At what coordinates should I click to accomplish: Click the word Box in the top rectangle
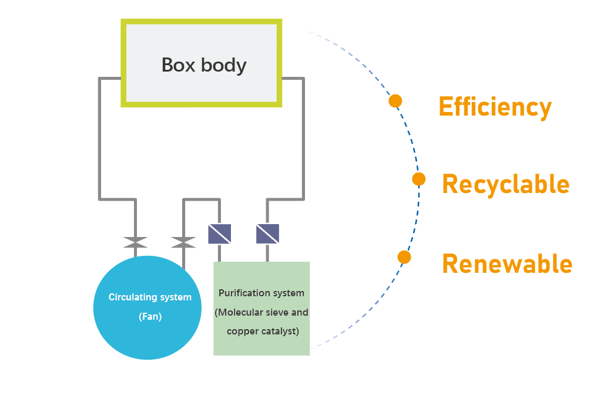[179, 65]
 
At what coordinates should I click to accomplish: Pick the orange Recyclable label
[506, 185]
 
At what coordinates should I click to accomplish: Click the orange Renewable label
[507, 263]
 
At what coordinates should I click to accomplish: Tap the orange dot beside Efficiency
[395, 101]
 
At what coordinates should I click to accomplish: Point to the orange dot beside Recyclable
[418, 179]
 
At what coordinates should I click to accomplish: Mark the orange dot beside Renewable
[404, 258]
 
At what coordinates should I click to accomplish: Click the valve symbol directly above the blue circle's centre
[136, 242]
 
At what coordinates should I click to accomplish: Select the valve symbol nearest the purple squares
[183, 242]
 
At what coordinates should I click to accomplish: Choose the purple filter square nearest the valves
[219, 234]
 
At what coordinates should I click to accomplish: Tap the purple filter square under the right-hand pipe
[267, 234]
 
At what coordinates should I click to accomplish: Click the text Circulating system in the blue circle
[150, 297]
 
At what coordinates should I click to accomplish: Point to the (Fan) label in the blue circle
[150, 317]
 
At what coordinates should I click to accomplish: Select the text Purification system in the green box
[262, 293]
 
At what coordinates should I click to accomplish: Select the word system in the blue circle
[176, 297]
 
